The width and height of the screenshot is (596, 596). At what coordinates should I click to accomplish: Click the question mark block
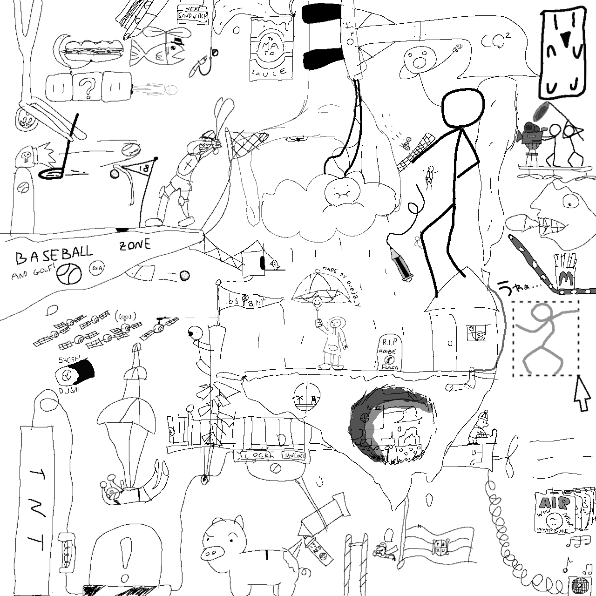[x=87, y=87]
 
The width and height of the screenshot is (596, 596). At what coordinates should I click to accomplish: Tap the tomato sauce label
[x=271, y=49]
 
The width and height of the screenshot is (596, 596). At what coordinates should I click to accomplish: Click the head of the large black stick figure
[x=462, y=108]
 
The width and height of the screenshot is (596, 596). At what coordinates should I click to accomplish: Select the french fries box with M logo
[x=565, y=272]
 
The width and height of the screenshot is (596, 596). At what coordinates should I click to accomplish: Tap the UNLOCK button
[x=294, y=455]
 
